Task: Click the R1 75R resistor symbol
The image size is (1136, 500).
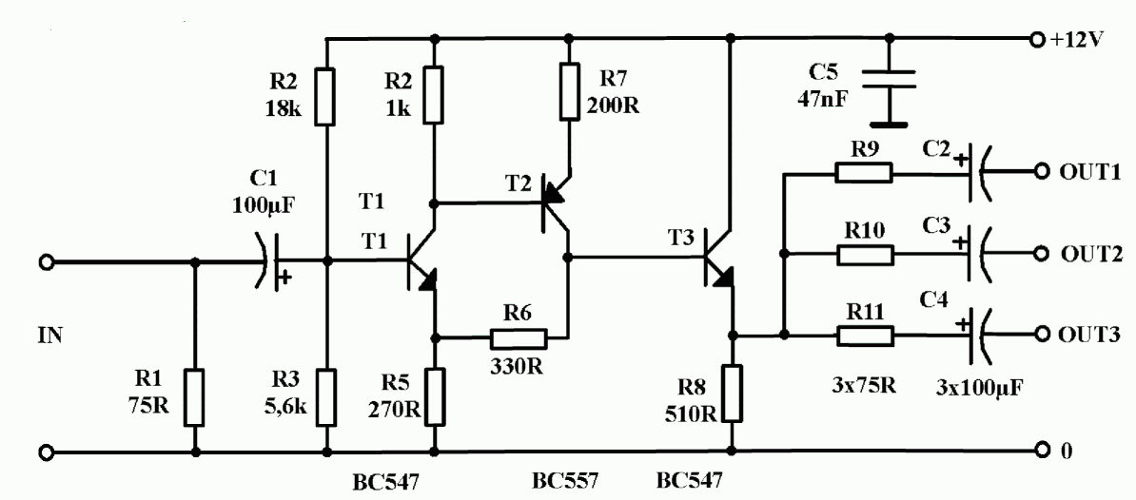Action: coord(195,396)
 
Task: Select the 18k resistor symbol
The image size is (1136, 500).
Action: coord(326,97)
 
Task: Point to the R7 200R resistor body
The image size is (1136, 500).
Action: coord(570,91)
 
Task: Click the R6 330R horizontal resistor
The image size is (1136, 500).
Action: coord(519,337)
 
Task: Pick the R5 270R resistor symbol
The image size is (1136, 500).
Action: coord(435,396)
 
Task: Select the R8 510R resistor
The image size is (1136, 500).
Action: coord(732,394)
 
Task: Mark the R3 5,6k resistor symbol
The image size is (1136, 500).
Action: coord(326,396)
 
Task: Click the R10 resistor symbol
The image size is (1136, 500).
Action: coord(866,255)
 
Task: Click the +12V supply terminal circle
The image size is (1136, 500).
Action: coord(1041,38)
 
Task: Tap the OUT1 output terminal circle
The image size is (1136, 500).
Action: coord(1041,171)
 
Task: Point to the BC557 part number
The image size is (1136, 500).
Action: coord(566,480)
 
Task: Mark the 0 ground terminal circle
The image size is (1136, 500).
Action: coord(1041,451)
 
